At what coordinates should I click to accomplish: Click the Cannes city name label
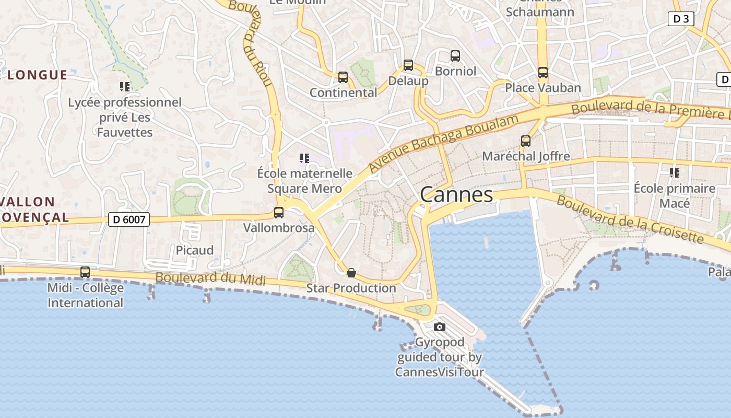coord(456,195)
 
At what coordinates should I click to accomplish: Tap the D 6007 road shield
coord(129,219)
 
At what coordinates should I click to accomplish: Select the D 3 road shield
coord(681,19)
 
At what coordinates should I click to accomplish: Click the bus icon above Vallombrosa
coord(279,213)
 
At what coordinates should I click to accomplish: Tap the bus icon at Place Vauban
coord(543,73)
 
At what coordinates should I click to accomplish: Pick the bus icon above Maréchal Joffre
coord(526,141)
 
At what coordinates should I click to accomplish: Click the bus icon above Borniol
coord(455,56)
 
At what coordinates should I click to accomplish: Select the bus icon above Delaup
coord(408,65)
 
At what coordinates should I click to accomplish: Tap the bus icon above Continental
coord(343,77)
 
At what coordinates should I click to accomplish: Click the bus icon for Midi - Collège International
coord(85,272)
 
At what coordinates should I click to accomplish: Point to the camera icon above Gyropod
coord(440,327)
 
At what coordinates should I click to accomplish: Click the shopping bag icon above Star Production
coord(351,273)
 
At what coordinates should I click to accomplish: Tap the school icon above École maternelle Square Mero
coord(304,158)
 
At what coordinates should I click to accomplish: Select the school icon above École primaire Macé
coord(675,172)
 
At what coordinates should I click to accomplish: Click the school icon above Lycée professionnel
coord(125,86)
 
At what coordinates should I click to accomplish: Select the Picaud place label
coord(195,250)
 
